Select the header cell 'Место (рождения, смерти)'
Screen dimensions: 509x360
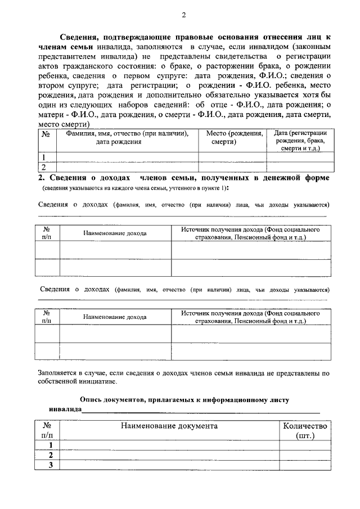234,138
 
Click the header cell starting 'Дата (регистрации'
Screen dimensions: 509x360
299,141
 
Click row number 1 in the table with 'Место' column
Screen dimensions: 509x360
44,157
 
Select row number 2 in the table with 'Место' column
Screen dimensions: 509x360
44,166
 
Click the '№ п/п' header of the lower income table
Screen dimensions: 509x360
47,317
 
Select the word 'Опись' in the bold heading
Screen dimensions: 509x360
91,399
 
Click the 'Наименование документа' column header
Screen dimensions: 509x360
169,426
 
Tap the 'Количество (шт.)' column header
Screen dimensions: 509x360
304,431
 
